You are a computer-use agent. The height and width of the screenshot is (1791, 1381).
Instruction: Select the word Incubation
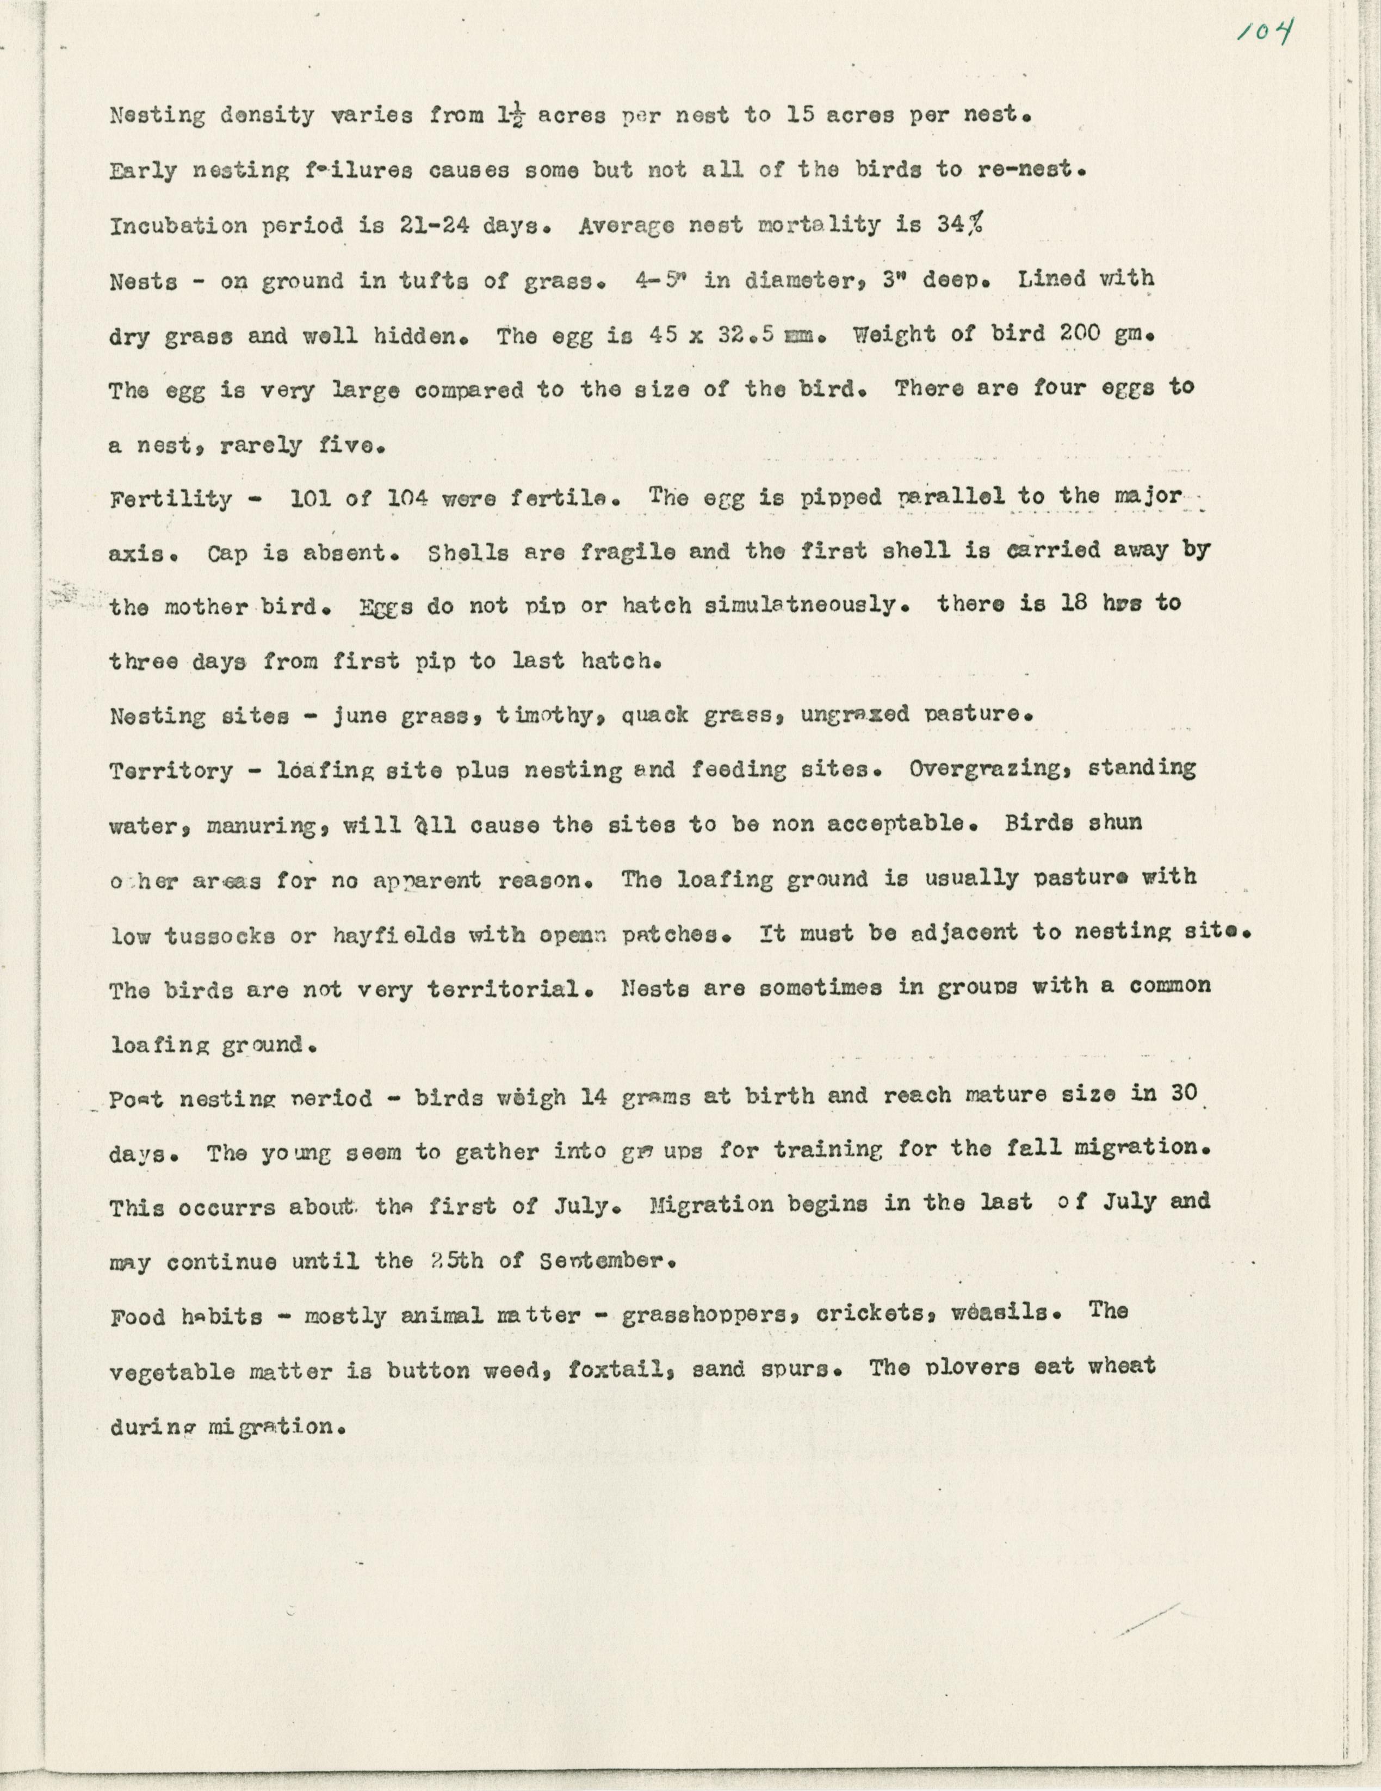(178, 226)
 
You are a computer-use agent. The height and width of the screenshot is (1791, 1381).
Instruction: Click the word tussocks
(220, 936)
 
